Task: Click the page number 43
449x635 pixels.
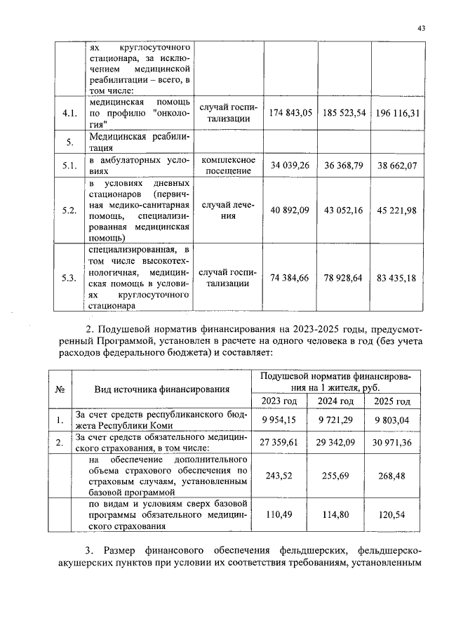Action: pos(421,28)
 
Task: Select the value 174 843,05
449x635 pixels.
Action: pos(290,113)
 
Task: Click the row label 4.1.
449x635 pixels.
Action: pos(69,113)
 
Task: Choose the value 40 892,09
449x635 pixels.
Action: pos(290,210)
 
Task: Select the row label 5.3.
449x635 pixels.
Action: pos(69,278)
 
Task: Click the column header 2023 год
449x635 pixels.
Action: pos(280,401)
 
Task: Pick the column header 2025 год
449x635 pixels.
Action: pos(391,401)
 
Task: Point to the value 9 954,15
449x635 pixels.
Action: pos(280,420)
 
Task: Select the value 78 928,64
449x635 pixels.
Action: pos(344,278)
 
